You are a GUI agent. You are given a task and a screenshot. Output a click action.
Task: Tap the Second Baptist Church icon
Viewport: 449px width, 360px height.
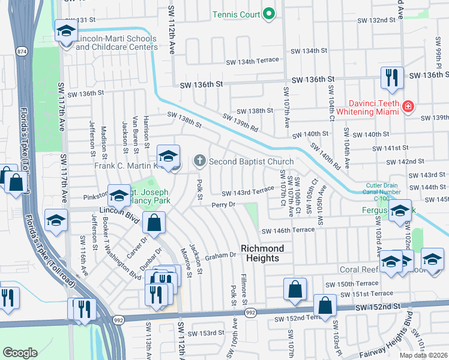pos(199,161)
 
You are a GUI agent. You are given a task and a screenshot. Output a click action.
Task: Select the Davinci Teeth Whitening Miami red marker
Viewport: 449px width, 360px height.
pos(408,107)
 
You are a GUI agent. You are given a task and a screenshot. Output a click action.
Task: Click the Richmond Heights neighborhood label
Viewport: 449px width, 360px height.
pos(260,253)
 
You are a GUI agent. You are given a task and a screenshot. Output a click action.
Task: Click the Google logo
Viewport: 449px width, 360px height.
pos(20,352)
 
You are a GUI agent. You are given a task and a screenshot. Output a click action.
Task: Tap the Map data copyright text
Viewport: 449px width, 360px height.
pos(423,355)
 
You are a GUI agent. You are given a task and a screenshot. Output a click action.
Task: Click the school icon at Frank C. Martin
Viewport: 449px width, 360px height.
pos(169,156)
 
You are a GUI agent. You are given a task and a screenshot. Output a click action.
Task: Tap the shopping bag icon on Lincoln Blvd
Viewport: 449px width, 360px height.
pos(154,223)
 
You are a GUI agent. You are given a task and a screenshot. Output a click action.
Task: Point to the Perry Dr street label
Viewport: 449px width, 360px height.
pos(223,205)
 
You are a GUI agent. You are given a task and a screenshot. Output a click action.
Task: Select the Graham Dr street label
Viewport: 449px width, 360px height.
pos(221,255)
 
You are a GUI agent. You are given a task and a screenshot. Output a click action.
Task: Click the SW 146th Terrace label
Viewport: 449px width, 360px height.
pos(288,230)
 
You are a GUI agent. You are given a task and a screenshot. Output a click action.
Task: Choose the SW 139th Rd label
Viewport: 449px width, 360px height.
pos(240,123)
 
